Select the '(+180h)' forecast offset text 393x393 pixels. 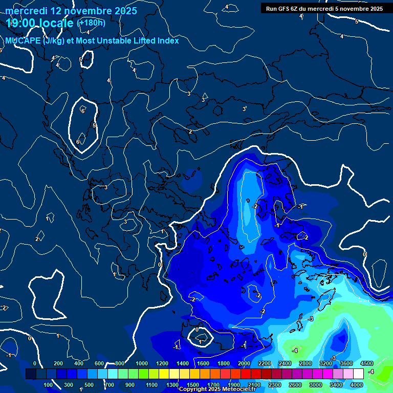(91, 23)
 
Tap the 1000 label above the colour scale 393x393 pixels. (142, 363)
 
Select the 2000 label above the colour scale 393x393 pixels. (244, 363)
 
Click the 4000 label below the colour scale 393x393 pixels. (357, 385)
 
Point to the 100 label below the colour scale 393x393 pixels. (48, 385)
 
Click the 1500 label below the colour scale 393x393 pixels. (193, 385)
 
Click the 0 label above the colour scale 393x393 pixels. (35, 363)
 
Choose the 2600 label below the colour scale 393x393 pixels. (295, 385)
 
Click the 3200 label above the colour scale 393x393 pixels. (326, 363)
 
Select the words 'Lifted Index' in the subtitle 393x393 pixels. (154, 40)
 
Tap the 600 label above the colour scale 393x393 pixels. (100, 363)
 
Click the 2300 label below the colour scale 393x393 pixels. (275, 385)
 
